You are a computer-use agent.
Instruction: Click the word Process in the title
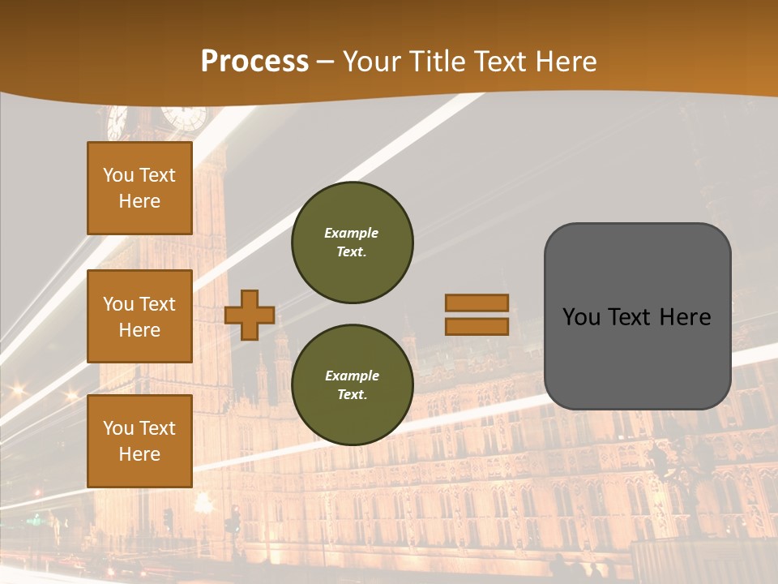pyautogui.click(x=254, y=61)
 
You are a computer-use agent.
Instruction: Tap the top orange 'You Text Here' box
pyautogui.click(x=139, y=188)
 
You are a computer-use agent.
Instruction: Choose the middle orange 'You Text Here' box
pyautogui.click(x=139, y=316)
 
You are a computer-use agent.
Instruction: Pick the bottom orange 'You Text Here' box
pyautogui.click(x=139, y=441)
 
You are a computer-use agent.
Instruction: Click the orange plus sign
pyautogui.click(x=250, y=315)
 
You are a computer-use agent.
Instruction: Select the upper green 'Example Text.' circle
pyautogui.click(x=352, y=243)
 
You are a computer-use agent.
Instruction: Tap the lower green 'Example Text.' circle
pyautogui.click(x=352, y=385)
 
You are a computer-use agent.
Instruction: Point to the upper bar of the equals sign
pyautogui.click(x=477, y=303)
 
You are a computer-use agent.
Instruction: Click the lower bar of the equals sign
pyautogui.click(x=477, y=326)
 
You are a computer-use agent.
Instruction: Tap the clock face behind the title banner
pyautogui.click(x=183, y=117)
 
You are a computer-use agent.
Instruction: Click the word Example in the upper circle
pyautogui.click(x=352, y=234)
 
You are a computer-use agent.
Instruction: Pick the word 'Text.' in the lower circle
pyautogui.click(x=352, y=395)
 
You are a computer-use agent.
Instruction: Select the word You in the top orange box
pyautogui.click(x=118, y=175)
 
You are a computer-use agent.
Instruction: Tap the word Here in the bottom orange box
pyautogui.click(x=139, y=454)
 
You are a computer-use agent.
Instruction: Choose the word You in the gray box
pyautogui.click(x=581, y=317)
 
